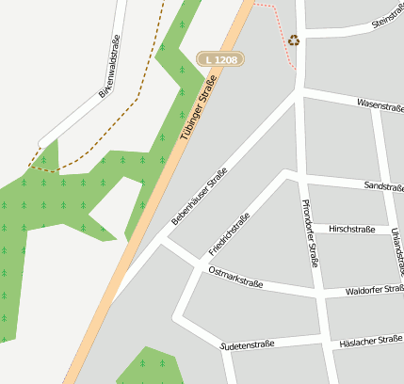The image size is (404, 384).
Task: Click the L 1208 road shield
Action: (x=220, y=59)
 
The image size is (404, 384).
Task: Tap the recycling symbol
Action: (x=294, y=40)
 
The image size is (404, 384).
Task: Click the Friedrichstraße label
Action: (x=229, y=234)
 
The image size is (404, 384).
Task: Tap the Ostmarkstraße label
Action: (x=234, y=277)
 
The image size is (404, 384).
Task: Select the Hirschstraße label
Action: (x=350, y=229)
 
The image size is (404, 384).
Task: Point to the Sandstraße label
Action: (x=382, y=186)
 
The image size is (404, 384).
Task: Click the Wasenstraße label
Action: (x=380, y=105)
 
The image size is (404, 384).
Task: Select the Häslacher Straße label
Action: (x=374, y=340)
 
